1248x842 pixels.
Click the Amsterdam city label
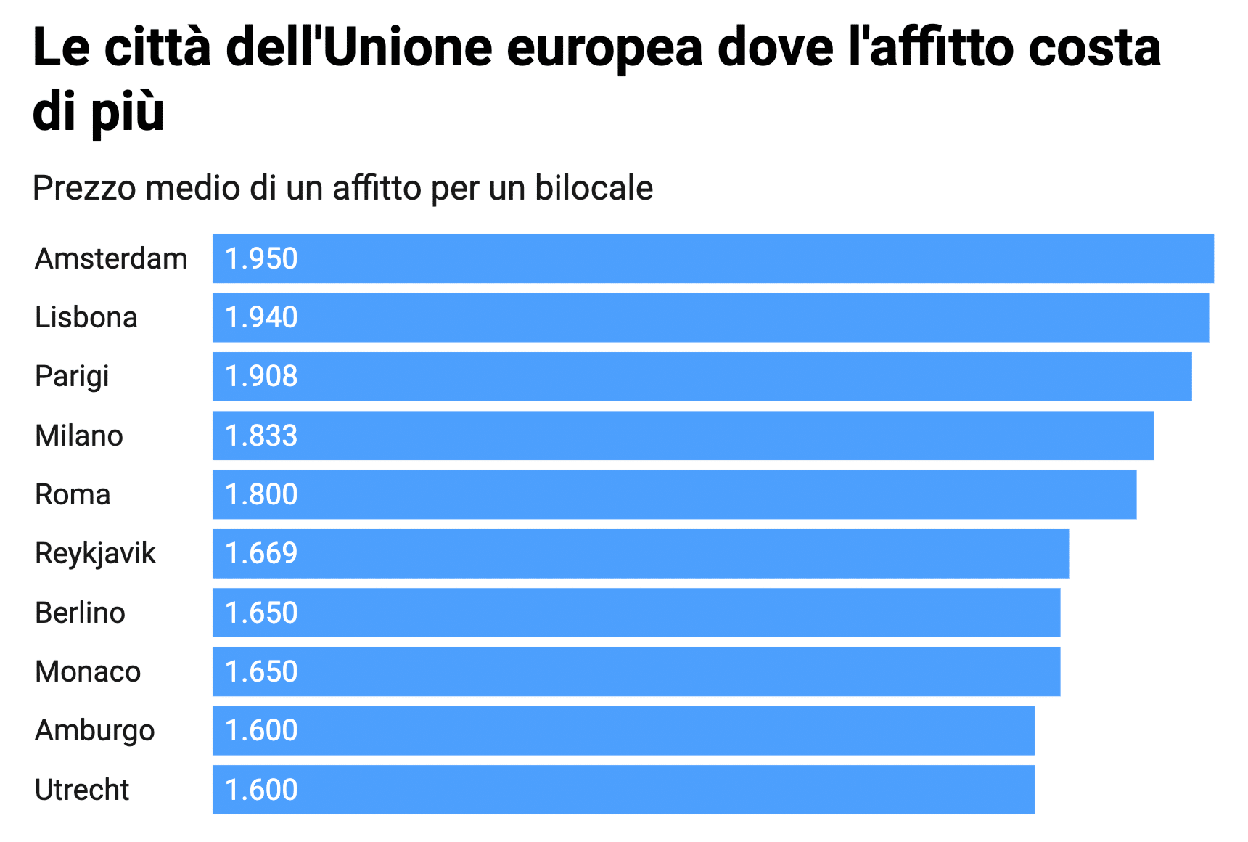click(111, 259)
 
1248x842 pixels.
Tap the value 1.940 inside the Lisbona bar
click(261, 318)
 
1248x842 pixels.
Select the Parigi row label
click(72, 377)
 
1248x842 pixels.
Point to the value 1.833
click(261, 436)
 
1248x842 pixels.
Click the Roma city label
click(73, 495)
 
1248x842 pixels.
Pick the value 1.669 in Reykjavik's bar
click(261, 554)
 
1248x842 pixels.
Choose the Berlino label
click(80, 613)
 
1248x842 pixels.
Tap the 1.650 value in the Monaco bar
click(261, 672)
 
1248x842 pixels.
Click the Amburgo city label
click(94, 731)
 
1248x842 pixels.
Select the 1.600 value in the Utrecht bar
click(261, 790)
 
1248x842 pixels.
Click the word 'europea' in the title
click(604, 48)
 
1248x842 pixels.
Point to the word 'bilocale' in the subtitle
click(594, 188)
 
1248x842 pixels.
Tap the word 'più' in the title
click(128, 113)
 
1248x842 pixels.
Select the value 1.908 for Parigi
click(261, 377)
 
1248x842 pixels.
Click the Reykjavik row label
click(95, 554)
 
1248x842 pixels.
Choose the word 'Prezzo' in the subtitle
click(84, 188)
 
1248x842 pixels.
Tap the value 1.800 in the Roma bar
click(261, 495)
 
